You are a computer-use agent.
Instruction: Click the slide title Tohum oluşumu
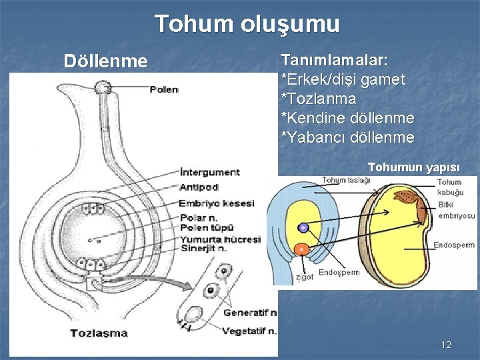click(247, 24)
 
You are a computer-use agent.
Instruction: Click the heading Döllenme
click(105, 62)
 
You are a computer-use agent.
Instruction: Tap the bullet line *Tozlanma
click(319, 99)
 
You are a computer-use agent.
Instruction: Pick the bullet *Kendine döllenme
click(347, 118)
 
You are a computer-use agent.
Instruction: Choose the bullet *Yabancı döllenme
click(347, 137)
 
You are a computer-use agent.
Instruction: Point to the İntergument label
click(209, 172)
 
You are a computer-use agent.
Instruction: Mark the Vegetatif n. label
click(249, 331)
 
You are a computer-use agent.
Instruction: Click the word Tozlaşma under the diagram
click(99, 332)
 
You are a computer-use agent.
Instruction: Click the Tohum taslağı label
click(347, 180)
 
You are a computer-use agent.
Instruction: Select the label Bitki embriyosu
click(457, 211)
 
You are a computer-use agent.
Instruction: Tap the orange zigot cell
click(302, 249)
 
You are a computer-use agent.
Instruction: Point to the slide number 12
click(446, 345)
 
